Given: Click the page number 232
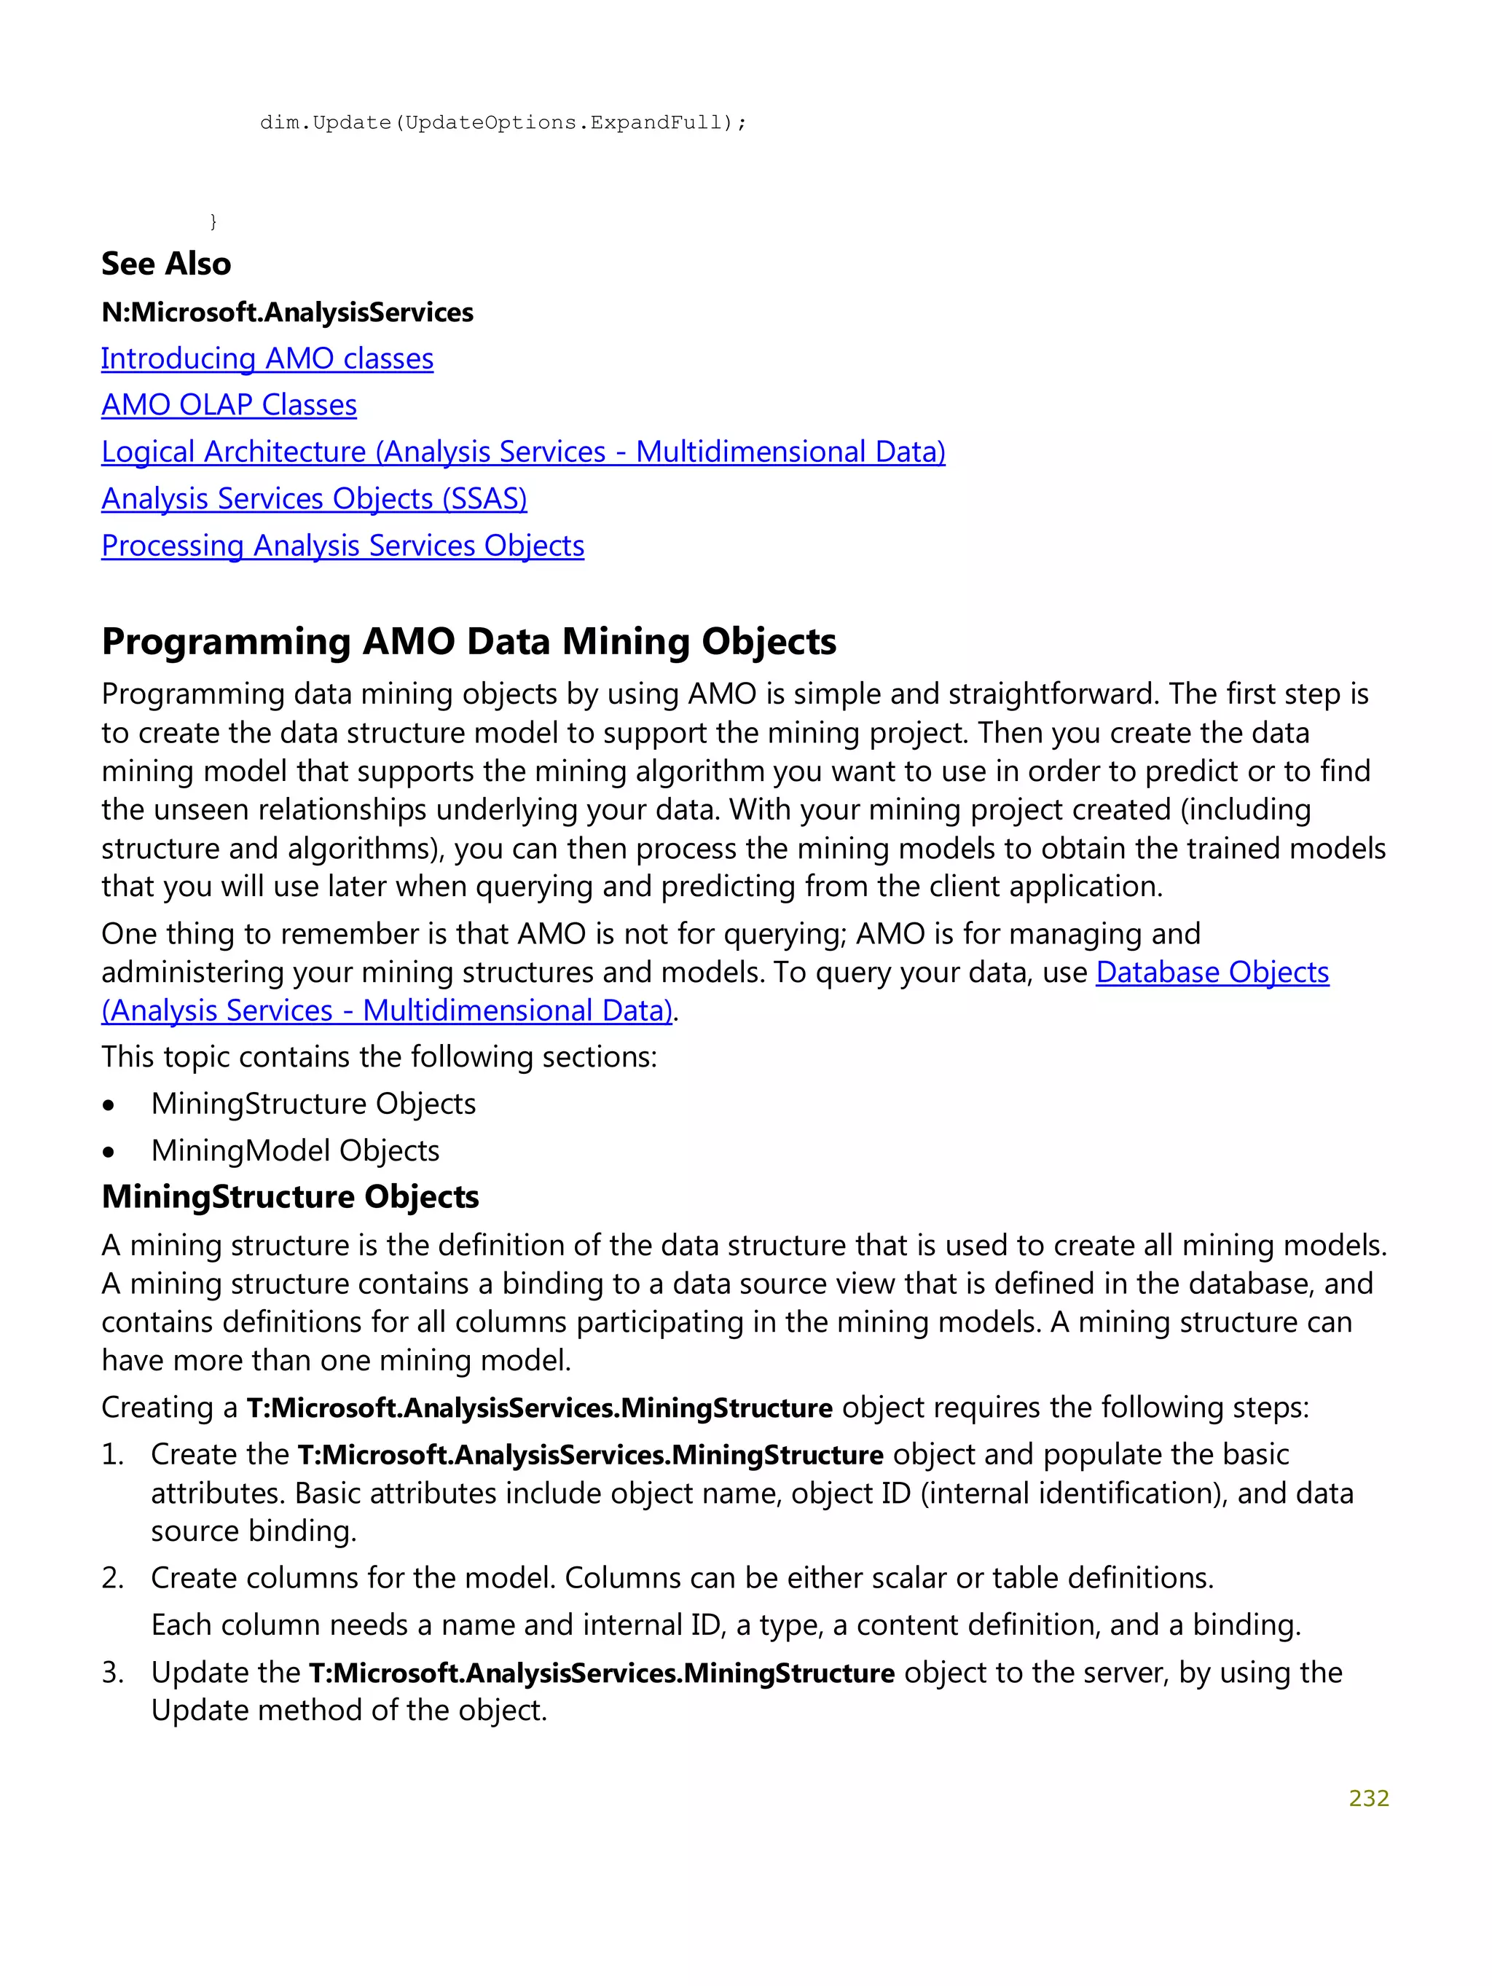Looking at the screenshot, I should click(x=1368, y=1797).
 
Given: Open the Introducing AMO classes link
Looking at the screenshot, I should click(x=267, y=358).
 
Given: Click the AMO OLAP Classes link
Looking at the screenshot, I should click(x=229, y=405).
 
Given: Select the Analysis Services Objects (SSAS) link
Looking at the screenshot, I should click(x=314, y=498).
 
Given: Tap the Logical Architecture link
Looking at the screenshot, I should click(x=522, y=452).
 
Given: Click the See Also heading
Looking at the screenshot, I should click(x=166, y=264).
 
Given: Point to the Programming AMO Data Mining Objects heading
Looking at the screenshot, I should click(x=468, y=642).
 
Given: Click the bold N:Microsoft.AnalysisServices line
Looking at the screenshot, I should click(x=287, y=313).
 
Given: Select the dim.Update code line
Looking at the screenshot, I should click(x=503, y=122).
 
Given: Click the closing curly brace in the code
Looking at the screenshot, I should click(x=213, y=221).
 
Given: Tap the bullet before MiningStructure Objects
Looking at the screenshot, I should click(x=109, y=1105).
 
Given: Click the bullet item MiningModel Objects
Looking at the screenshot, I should click(x=294, y=1150).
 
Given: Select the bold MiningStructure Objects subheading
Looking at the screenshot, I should click(x=290, y=1197).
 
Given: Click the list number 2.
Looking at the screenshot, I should click(x=112, y=1577).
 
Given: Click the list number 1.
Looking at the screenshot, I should click(x=112, y=1453).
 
